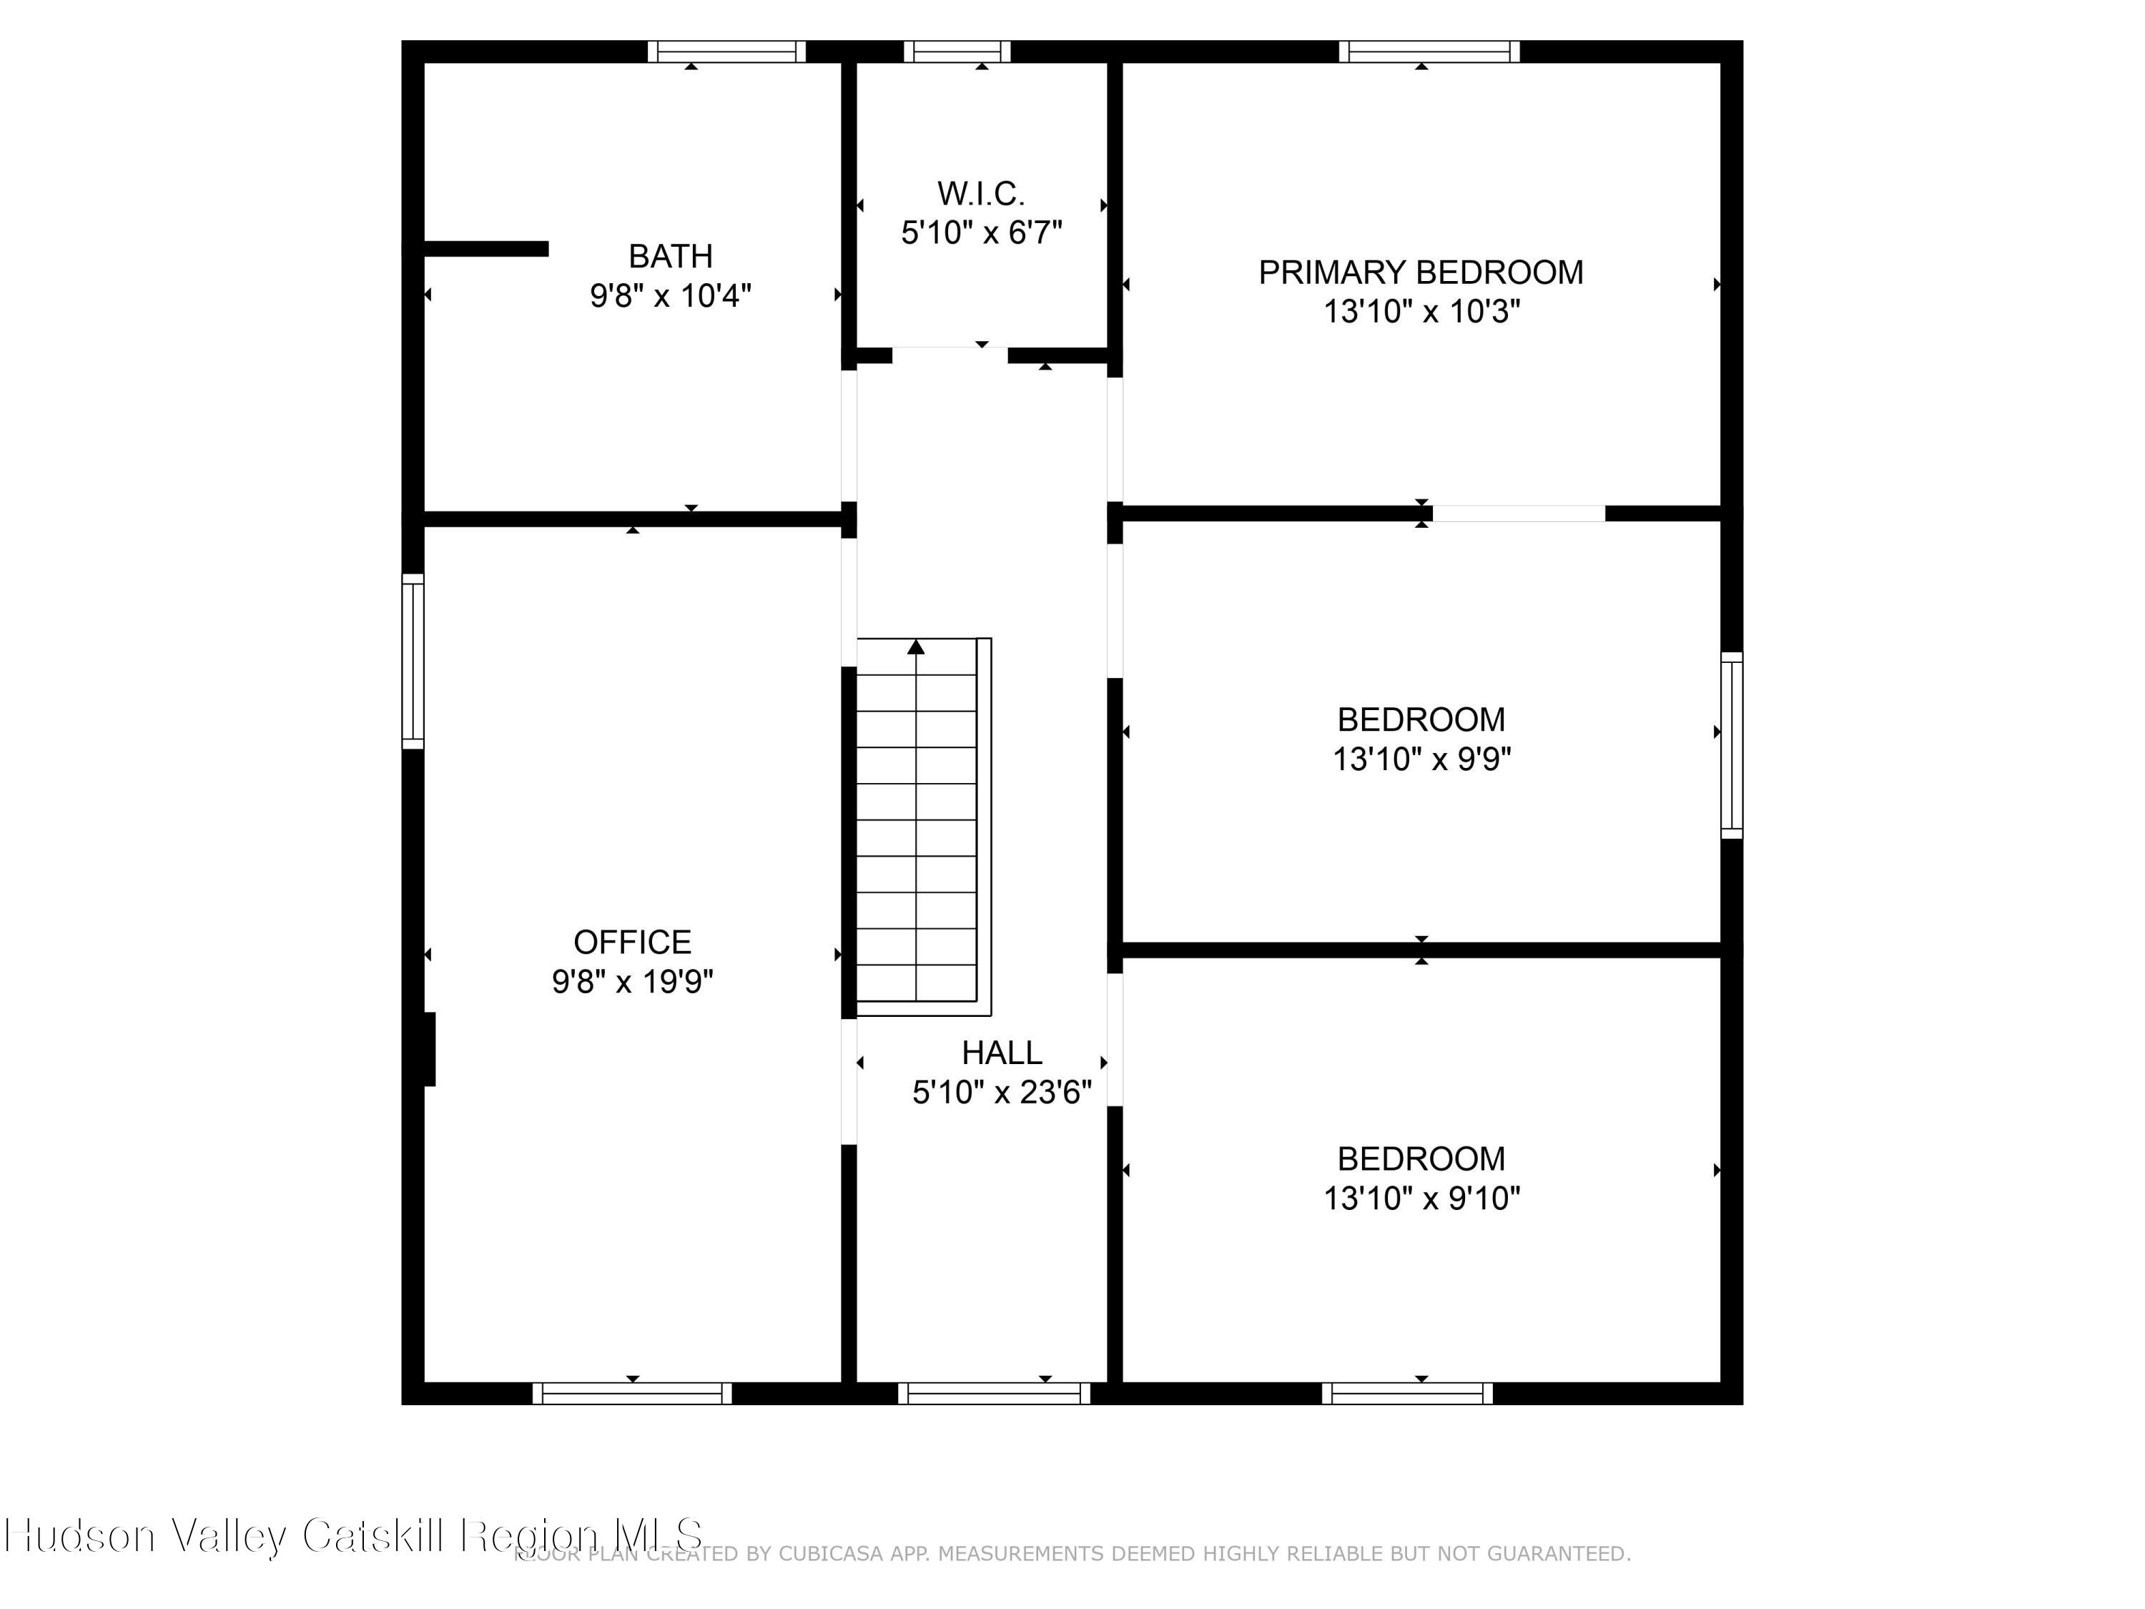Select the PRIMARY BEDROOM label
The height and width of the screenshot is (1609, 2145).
1421,272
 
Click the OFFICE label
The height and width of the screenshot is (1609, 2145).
632,942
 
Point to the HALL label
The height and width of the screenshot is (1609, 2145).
1002,1053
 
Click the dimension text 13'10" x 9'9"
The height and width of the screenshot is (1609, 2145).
1421,759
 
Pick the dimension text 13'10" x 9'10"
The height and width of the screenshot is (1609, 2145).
1421,1199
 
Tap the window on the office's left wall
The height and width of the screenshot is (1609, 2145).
413,661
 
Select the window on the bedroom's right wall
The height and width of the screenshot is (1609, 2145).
1731,745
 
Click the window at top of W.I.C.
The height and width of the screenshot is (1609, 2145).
957,51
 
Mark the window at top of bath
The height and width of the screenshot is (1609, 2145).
726,51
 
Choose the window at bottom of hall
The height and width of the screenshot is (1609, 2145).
994,1394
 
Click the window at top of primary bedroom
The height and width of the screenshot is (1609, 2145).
1429,51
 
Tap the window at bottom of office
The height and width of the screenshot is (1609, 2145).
632,1394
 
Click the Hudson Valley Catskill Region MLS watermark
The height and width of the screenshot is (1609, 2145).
354,1535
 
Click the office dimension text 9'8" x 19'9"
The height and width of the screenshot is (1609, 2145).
632,982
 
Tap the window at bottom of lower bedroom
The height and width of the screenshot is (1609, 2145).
1407,1394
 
